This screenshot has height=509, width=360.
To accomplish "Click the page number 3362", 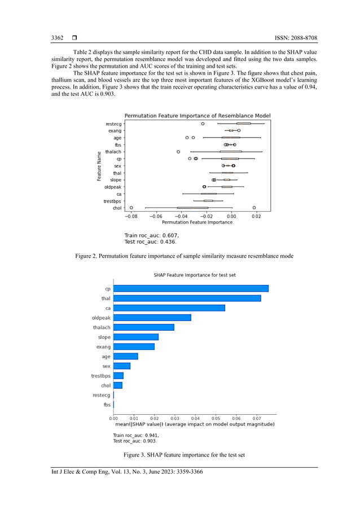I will click(x=57, y=38).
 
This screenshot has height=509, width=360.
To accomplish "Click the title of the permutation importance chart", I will click(x=197, y=116).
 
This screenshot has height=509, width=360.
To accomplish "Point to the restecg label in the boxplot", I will click(x=113, y=124).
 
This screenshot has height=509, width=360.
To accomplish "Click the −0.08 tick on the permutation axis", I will click(x=130, y=216).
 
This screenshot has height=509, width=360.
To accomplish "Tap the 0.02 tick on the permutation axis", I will click(x=256, y=216).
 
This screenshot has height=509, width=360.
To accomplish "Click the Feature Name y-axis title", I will click(x=99, y=166).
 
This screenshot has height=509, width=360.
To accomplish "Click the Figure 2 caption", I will click(x=184, y=256).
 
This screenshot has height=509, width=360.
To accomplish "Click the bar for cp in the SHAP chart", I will click(x=191, y=288).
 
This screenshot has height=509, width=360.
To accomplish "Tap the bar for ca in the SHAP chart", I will click(x=169, y=308).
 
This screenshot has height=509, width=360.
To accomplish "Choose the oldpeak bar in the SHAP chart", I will click(x=152, y=318).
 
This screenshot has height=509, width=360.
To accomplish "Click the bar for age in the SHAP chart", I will click(x=126, y=356).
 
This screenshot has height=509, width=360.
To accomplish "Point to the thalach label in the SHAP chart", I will click(x=102, y=327).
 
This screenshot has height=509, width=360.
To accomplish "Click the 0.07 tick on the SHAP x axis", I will click(x=256, y=418).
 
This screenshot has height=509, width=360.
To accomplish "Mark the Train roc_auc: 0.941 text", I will click(x=136, y=435).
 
